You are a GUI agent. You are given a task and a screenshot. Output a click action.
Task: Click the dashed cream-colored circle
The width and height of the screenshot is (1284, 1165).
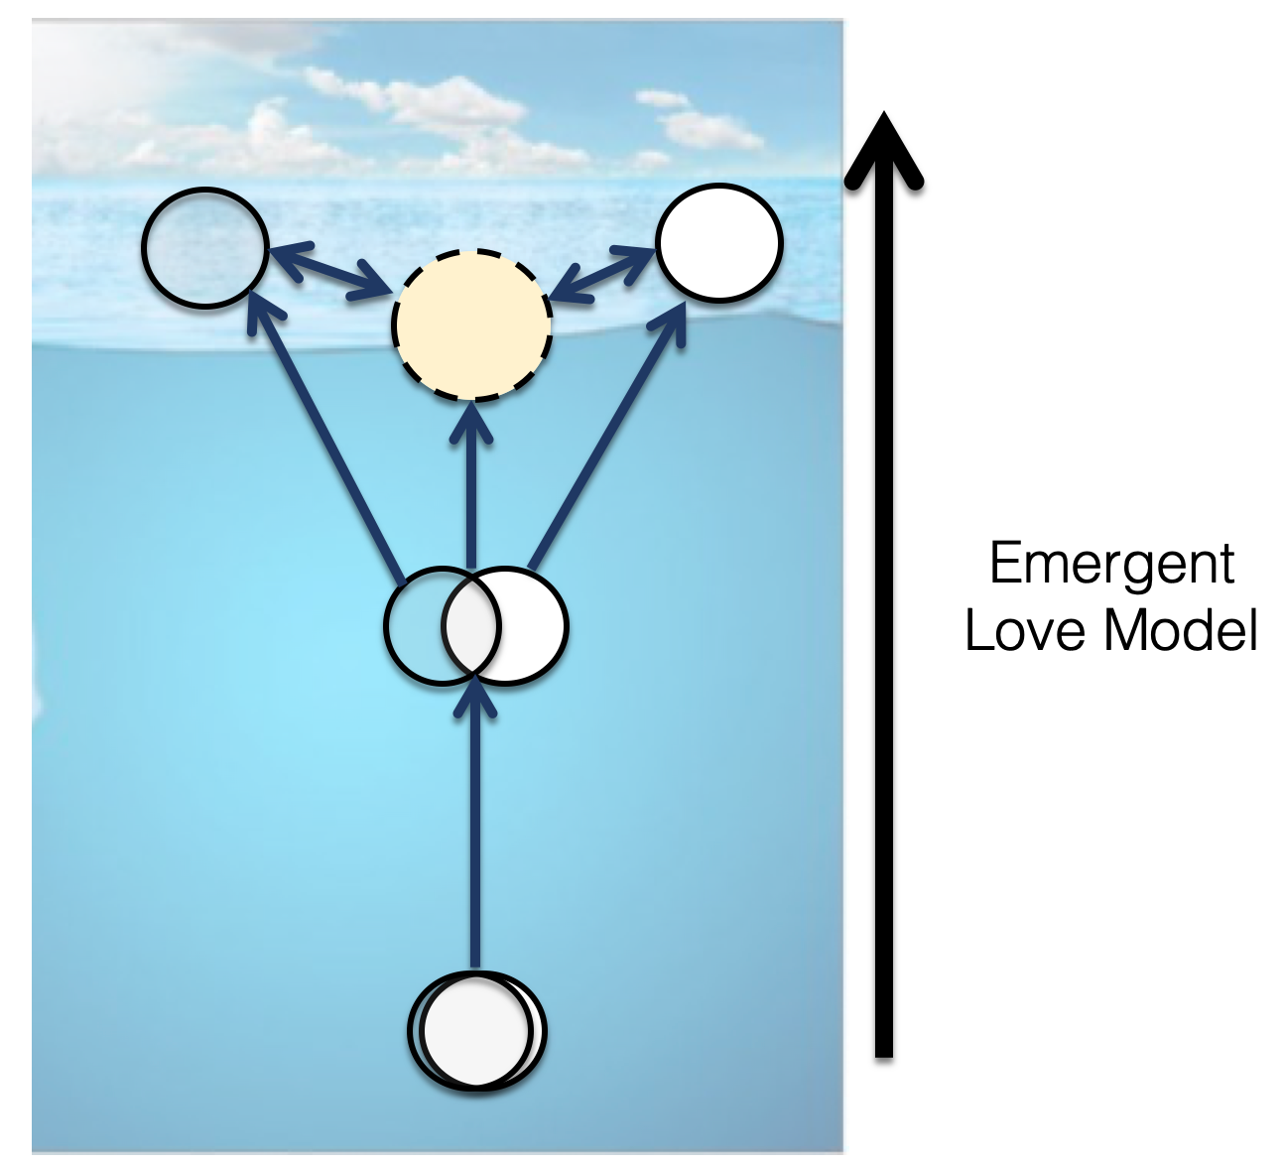[472, 324]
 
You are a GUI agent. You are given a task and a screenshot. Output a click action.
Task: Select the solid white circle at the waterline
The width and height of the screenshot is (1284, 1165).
[719, 241]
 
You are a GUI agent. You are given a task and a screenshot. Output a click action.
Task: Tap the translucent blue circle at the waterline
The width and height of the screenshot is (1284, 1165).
[205, 245]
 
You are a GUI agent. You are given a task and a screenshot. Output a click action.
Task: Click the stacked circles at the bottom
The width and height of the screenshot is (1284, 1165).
[477, 1032]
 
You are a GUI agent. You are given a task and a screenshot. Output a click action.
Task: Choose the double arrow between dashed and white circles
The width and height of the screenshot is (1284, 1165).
[604, 271]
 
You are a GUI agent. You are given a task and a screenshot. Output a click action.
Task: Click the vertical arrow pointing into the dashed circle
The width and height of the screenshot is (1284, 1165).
[473, 486]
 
